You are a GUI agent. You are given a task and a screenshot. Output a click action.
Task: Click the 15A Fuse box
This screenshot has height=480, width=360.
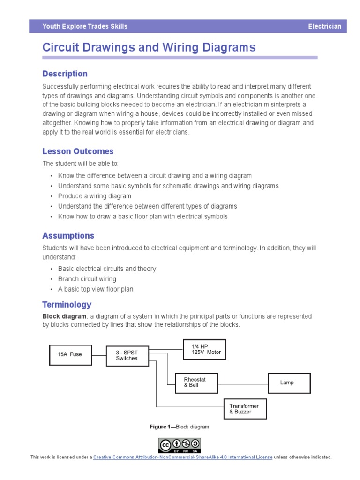[71, 354]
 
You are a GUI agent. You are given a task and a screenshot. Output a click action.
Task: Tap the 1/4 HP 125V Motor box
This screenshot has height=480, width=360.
[204, 349]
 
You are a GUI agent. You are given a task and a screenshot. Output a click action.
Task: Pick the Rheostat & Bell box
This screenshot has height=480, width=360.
[196, 382]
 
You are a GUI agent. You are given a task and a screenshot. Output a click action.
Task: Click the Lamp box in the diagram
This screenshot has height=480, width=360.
[289, 382]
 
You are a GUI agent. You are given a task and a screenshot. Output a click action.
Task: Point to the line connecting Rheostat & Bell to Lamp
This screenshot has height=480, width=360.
[243, 383]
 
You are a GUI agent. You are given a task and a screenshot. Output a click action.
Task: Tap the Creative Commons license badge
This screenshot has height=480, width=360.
[180, 445]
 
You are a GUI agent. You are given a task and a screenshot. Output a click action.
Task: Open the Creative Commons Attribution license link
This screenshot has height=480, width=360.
[183, 457]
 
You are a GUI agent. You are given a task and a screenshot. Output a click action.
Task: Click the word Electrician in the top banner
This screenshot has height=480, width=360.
[324, 27]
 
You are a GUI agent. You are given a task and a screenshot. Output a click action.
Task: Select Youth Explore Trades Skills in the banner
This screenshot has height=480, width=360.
[85, 27]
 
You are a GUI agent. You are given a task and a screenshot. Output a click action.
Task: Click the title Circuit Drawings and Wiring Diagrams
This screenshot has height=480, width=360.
[149, 47]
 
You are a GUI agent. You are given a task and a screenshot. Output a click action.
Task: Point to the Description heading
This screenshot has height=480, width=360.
[65, 74]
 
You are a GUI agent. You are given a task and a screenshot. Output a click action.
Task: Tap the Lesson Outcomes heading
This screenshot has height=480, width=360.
[78, 151]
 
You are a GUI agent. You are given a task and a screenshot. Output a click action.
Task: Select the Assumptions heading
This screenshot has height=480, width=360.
[68, 236]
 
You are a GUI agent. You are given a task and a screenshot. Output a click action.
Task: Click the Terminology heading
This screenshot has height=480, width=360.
[67, 305]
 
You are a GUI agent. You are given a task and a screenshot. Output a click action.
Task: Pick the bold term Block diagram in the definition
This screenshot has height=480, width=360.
[64, 316]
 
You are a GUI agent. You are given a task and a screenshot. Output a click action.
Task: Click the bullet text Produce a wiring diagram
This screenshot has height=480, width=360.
[95, 196]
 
